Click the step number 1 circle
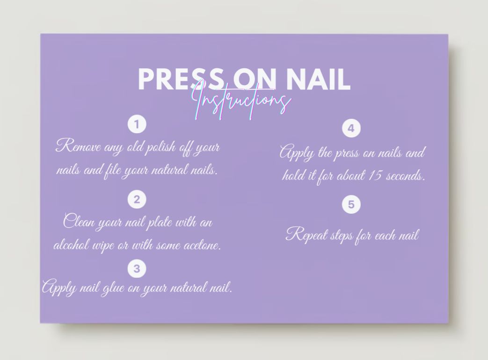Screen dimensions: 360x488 coord(137,124)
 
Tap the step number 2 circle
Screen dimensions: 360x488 coord(137,200)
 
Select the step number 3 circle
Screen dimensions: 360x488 coord(137,269)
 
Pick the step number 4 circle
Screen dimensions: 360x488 coord(351,128)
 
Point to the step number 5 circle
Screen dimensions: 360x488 coord(351,204)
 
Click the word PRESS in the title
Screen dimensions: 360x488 coord(178,79)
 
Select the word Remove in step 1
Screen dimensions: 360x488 coord(78,147)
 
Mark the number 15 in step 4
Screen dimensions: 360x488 coord(376,176)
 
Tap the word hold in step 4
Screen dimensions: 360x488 coord(293,176)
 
